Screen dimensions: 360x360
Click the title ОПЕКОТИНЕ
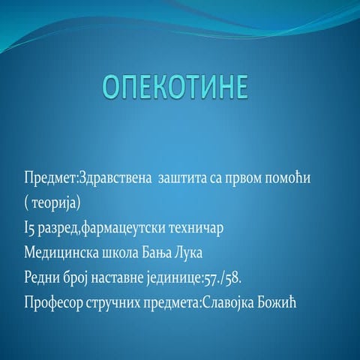tap(175, 87)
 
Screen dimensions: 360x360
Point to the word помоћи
tap(304, 180)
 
